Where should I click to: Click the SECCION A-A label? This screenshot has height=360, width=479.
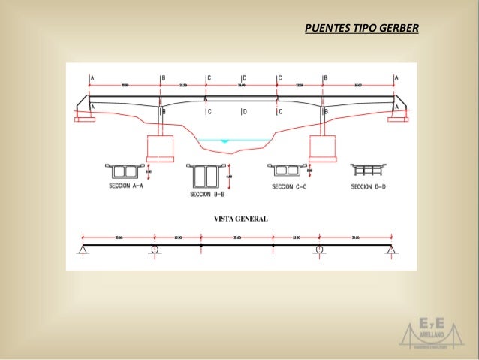point(127,187)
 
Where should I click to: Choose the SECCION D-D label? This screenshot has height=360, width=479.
point(368,186)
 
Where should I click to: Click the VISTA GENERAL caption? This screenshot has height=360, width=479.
point(242,219)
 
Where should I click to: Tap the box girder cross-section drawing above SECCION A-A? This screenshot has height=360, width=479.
point(125,168)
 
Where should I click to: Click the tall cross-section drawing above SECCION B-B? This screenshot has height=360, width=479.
point(205,174)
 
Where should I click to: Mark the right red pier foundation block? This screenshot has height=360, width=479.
point(324,147)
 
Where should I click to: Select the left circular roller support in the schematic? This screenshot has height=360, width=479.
point(154,250)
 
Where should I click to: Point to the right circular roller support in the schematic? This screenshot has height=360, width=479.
point(321,250)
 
